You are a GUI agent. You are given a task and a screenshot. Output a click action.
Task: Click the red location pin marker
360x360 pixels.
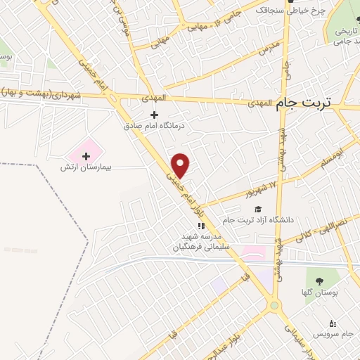tap(181, 165)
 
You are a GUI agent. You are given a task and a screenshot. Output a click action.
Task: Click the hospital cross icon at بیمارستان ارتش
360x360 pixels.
tap(86, 155)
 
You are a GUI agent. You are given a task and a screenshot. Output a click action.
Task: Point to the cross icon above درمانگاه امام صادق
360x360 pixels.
tap(155, 115)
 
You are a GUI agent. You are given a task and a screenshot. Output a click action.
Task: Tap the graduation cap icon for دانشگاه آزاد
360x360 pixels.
tap(257, 209)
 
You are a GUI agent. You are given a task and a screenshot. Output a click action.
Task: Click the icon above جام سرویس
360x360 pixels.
tap(333, 323)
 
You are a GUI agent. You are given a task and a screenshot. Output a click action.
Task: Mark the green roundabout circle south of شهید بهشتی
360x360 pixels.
tap(274, 304)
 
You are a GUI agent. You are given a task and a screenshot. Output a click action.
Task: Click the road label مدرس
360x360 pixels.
tap(269, 47)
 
